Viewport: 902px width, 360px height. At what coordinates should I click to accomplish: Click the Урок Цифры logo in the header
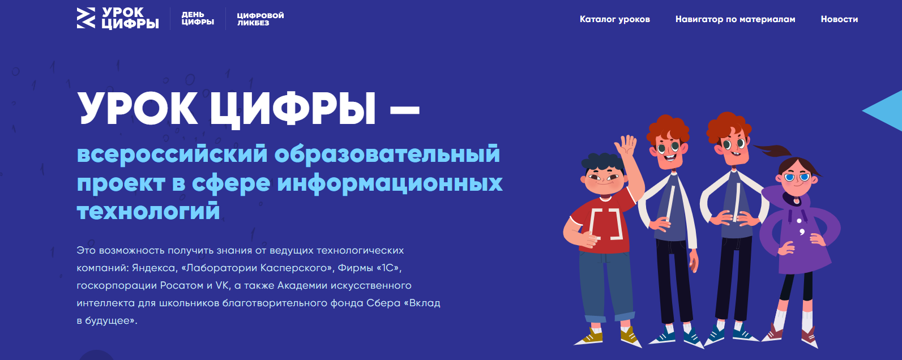click(118, 18)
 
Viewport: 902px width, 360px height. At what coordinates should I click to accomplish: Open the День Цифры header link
click(197, 19)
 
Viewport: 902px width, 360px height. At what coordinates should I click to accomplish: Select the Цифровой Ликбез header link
click(260, 19)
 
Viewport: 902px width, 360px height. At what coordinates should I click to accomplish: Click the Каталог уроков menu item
click(614, 19)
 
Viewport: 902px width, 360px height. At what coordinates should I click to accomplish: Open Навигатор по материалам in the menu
click(736, 19)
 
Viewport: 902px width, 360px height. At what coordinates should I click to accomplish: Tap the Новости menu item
click(839, 19)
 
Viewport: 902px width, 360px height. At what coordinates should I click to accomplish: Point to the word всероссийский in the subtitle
click(172, 154)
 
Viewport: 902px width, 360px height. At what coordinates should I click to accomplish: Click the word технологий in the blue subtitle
click(148, 210)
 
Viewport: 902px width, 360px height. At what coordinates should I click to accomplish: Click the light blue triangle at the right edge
click(886, 111)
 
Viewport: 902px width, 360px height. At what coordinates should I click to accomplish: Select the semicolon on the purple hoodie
click(801, 232)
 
